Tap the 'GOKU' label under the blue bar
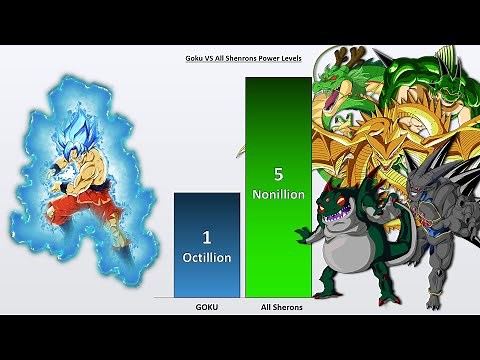pos(206,307)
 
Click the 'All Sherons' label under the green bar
pos(277,307)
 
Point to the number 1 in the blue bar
pos(206,238)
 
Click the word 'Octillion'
pos(206,257)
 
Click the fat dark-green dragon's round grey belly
pos(340,252)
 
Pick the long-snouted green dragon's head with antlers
pos(335,95)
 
